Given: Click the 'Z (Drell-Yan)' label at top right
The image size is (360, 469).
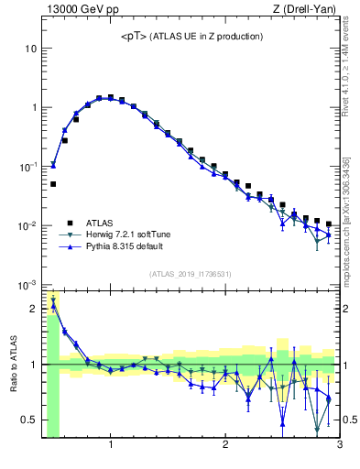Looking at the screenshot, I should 308,9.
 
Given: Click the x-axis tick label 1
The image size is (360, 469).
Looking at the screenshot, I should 111,446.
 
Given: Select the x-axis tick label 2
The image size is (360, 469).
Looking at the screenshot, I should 225,446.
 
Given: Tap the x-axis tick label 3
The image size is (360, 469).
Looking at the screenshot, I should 339,446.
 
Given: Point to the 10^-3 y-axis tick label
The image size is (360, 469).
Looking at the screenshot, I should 29,285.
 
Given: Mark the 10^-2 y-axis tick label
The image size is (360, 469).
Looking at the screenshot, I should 29,226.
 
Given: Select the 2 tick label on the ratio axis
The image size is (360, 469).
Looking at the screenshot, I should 35,309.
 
